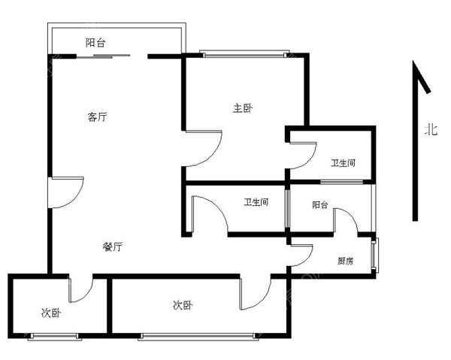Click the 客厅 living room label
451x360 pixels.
[x=97, y=117]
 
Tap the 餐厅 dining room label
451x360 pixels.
[x=113, y=247]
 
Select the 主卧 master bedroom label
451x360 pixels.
[x=243, y=108]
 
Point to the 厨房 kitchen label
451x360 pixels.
[x=345, y=261]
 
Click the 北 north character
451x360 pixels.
[x=431, y=129]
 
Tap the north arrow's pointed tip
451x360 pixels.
[x=413, y=61]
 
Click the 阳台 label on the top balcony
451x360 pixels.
[x=95, y=43]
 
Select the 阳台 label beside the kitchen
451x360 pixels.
[x=320, y=204]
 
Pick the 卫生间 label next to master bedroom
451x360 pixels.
[x=343, y=163]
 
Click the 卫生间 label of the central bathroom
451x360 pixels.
[x=256, y=202]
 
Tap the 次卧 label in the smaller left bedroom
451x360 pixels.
[x=51, y=313]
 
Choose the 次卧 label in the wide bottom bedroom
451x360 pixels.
[x=183, y=305]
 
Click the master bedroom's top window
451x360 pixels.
[x=244, y=54]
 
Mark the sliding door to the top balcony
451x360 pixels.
[x=103, y=56]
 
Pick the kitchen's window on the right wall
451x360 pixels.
[x=375, y=255]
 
